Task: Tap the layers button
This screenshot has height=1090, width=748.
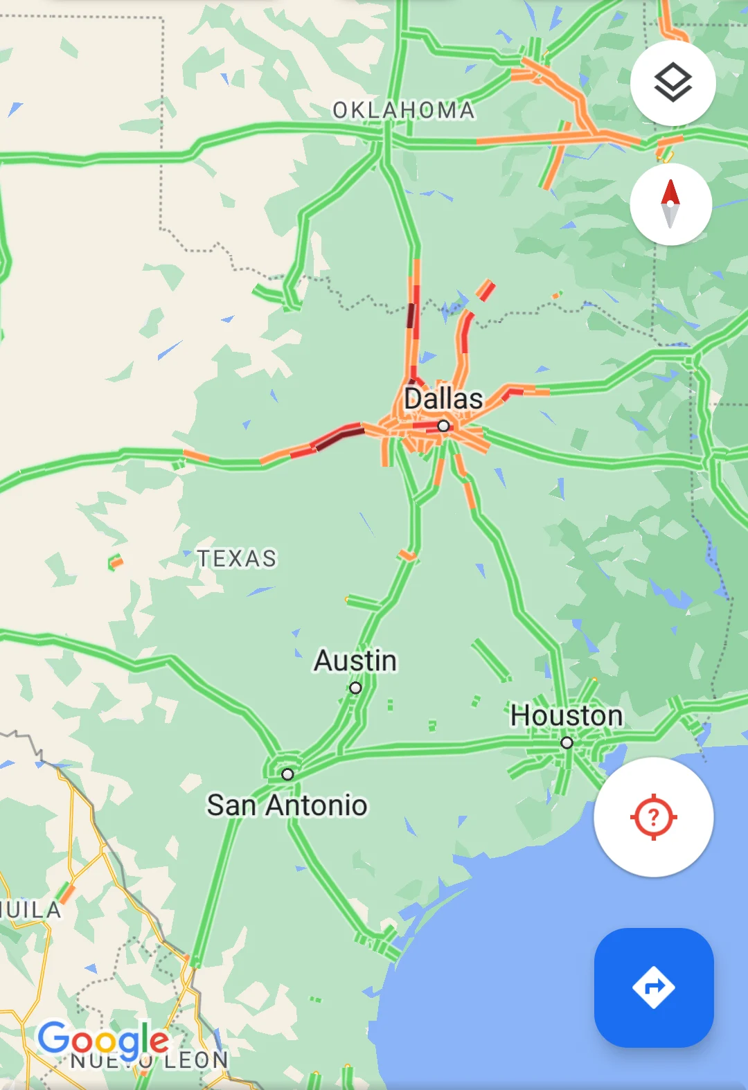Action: pyautogui.click(x=673, y=83)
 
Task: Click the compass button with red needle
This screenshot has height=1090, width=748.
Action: pyautogui.click(x=670, y=204)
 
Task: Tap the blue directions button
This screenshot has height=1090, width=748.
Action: pyautogui.click(x=654, y=987)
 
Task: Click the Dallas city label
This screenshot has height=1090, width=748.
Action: pyautogui.click(x=443, y=399)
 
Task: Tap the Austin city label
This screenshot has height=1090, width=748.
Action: pyautogui.click(x=355, y=661)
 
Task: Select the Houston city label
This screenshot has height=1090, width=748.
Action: pyautogui.click(x=567, y=715)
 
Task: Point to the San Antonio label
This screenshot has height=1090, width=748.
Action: pyautogui.click(x=287, y=805)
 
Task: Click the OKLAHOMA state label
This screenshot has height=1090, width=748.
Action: pyautogui.click(x=404, y=110)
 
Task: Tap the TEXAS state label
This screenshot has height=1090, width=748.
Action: pyautogui.click(x=237, y=558)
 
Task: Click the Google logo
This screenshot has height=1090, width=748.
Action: pyautogui.click(x=103, y=1040)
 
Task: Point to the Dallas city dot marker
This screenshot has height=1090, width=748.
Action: pyautogui.click(x=443, y=426)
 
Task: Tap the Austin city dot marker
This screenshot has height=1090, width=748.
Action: pyautogui.click(x=355, y=688)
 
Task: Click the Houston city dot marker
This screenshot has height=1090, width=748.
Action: pyautogui.click(x=567, y=742)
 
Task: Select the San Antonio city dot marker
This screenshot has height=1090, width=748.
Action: pyautogui.click(x=287, y=774)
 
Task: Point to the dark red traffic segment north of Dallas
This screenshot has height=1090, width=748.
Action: pyautogui.click(x=411, y=316)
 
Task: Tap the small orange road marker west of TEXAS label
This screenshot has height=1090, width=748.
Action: pyautogui.click(x=116, y=562)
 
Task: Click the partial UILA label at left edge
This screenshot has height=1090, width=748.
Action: pyautogui.click(x=31, y=909)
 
